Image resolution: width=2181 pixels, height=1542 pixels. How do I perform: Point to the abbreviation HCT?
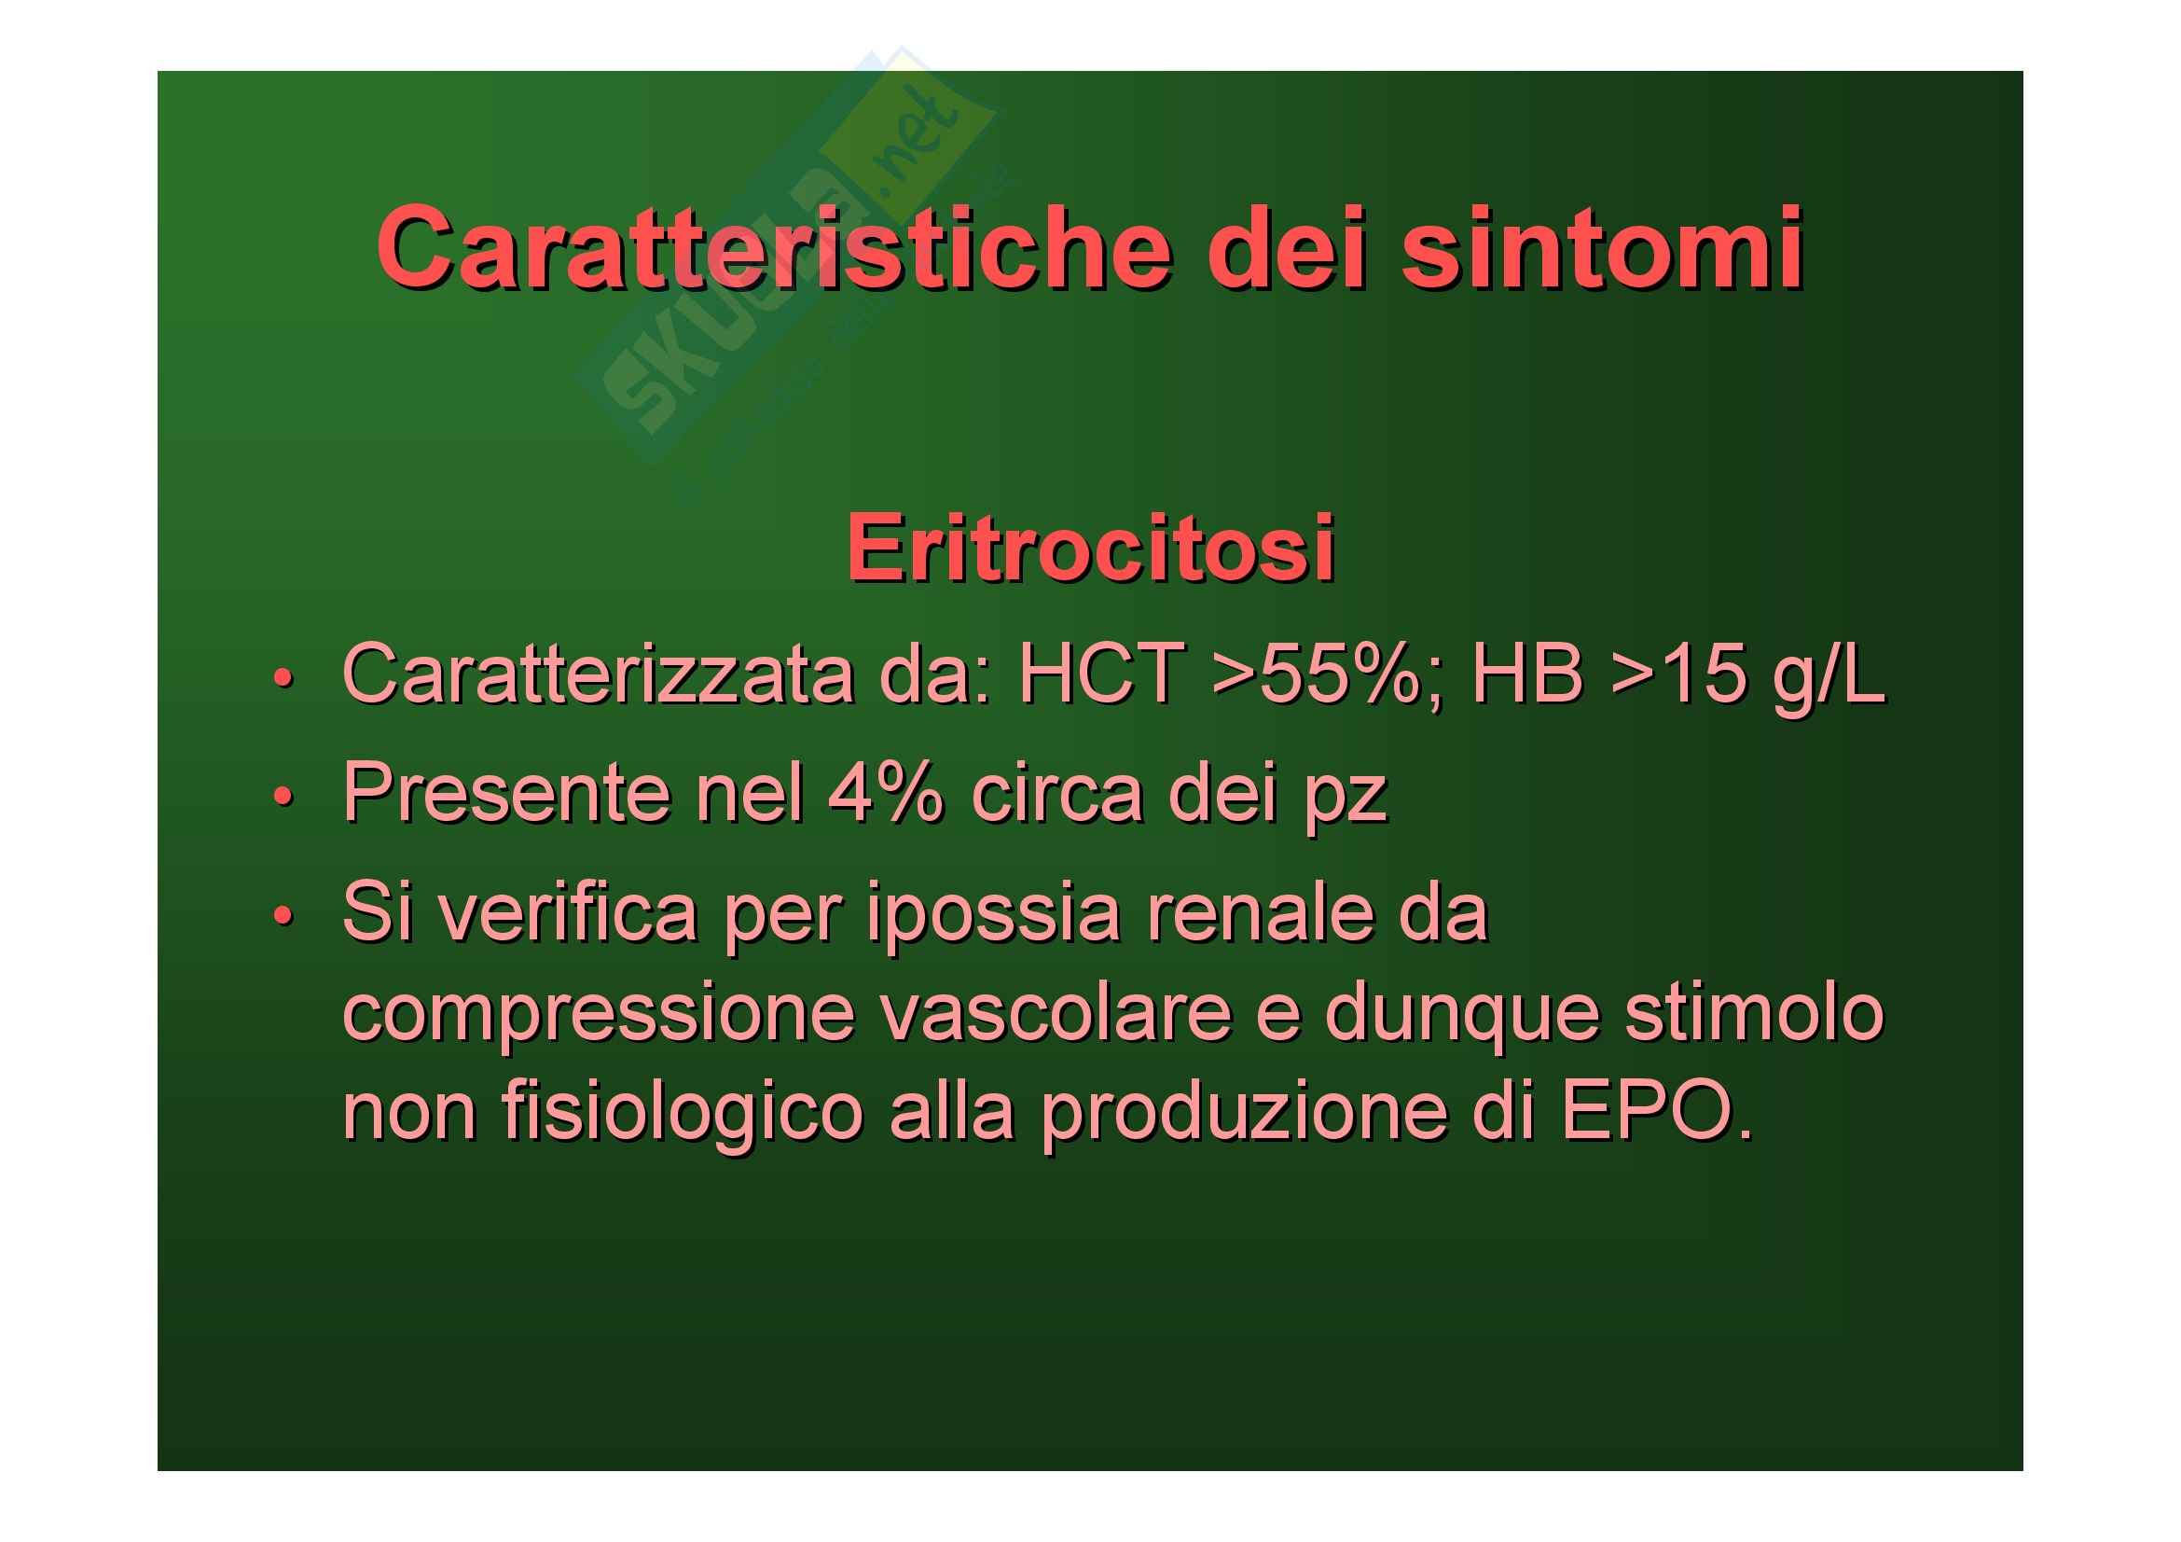pyautogui.click(x=1103, y=674)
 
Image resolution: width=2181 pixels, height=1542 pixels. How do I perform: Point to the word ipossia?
pyautogui.click(x=994, y=914)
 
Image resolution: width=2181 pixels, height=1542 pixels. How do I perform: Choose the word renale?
pyautogui.click(x=1262, y=912)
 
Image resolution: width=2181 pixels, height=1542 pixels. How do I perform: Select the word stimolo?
pyautogui.click(x=1754, y=1011)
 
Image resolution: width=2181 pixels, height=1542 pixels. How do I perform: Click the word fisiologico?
pyautogui.click(x=681, y=1114)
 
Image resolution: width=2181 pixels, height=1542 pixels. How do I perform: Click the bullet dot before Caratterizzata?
pyautogui.click(x=282, y=679)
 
